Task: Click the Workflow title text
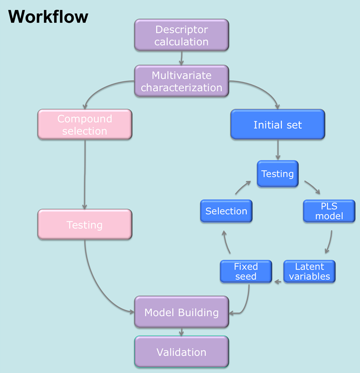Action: tap(48, 17)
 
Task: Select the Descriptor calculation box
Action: tap(181, 36)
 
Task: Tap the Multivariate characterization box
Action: tap(181, 82)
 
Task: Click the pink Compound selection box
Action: tap(85, 125)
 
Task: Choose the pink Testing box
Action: tap(85, 225)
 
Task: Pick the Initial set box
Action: tap(277, 125)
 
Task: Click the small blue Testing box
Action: tap(277, 174)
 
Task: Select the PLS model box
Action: tap(329, 211)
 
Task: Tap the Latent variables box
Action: tap(309, 271)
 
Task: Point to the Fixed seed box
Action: tap(245, 271)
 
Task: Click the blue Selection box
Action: tap(226, 211)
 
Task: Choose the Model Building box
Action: tap(181, 312)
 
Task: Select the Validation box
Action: tap(181, 352)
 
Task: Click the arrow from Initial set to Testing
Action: tap(277, 150)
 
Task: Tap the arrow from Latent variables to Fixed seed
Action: tap(278, 282)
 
